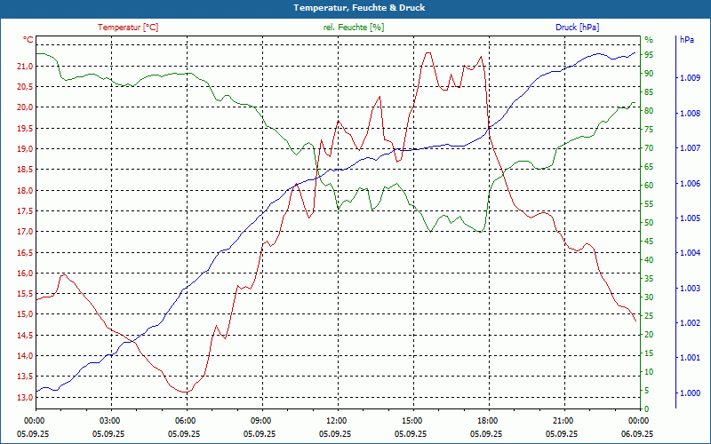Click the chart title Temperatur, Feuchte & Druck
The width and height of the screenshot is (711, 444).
(355, 8)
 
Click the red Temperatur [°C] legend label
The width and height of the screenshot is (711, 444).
(128, 28)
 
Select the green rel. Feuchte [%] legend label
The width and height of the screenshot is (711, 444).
(354, 28)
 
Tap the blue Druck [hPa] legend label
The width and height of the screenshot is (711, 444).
(577, 28)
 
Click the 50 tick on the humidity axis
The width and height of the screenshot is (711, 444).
(649, 223)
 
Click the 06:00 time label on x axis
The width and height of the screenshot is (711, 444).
(185, 420)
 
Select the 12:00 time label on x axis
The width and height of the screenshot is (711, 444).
(336, 420)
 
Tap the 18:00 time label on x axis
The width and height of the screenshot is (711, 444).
(487, 420)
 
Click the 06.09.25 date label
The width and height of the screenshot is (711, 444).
(637, 433)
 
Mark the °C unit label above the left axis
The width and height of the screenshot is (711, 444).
(28, 40)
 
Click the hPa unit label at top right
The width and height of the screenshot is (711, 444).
(687, 40)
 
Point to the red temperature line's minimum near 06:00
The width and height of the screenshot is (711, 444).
(185, 392)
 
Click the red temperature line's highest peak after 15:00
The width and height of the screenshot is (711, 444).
(427, 52)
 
